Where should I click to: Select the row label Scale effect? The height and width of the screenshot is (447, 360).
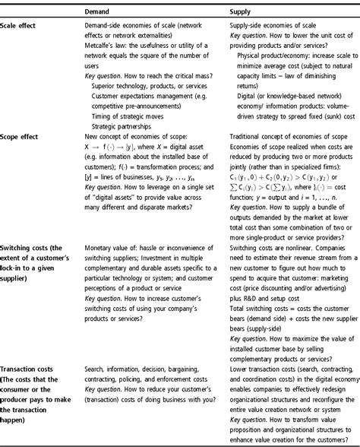[x=23, y=27]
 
